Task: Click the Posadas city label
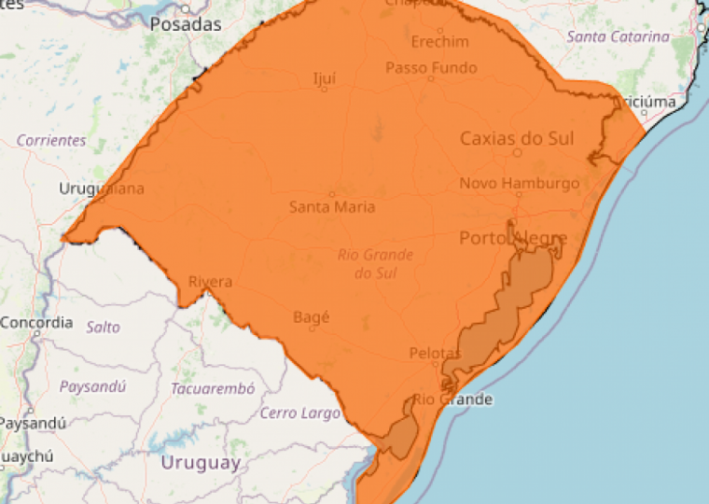(x=186, y=24)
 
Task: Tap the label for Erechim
(x=439, y=42)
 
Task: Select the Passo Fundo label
(x=431, y=67)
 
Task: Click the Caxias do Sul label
(x=517, y=138)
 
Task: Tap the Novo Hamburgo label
(x=519, y=184)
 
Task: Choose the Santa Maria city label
(x=332, y=206)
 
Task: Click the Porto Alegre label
(x=513, y=239)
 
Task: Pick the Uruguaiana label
(x=102, y=189)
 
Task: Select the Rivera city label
(x=210, y=281)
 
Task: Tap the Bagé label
(x=312, y=317)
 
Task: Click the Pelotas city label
(x=435, y=353)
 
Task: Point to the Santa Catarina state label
(x=618, y=36)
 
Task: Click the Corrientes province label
(x=51, y=141)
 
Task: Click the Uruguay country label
(x=201, y=462)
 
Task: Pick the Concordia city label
(x=36, y=323)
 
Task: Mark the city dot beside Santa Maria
(x=331, y=194)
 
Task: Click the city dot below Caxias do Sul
(x=517, y=152)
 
